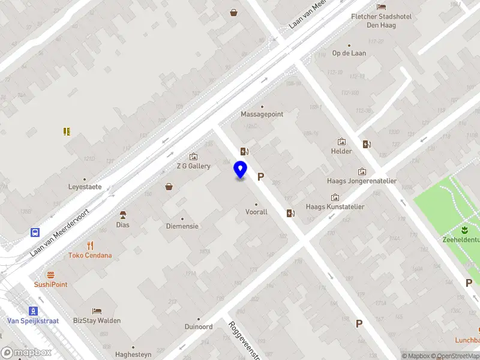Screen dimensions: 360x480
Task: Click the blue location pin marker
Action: pos(241,170)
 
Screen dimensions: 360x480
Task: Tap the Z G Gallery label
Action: pos(193,166)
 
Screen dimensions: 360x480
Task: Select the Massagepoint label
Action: pos(262,114)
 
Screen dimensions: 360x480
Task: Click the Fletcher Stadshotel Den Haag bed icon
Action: pos(382,7)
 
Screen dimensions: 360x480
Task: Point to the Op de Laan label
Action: pos(349,53)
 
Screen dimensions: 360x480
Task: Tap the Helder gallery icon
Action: pos(341,142)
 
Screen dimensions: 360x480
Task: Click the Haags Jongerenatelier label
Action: pos(362,181)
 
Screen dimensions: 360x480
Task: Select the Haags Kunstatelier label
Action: pos(335,207)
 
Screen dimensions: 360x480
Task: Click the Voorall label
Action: pos(256,212)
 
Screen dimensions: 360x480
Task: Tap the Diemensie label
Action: pos(182,226)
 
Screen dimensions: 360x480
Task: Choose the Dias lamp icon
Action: pos(123,215)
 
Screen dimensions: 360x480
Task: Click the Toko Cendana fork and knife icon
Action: pos(91,245)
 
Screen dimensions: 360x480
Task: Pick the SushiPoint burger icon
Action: pos(50,274)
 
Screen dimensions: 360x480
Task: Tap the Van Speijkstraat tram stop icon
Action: pos(34,310)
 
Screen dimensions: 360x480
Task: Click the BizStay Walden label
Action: pos(97,320)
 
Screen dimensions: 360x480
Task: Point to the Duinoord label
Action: pos(198,327)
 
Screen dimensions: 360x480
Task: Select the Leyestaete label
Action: pos(85,187)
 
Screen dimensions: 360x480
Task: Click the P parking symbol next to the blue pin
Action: pos(260,176)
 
